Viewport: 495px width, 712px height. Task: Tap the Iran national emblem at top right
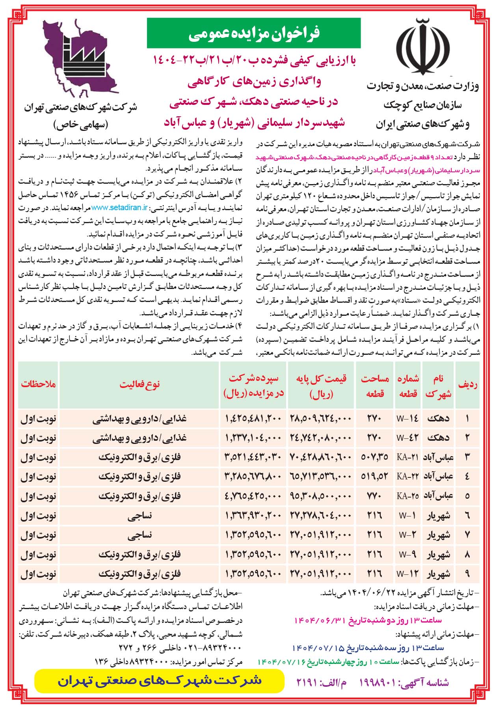(x=423, y=46)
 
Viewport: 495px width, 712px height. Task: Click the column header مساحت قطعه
(x=375, y=386)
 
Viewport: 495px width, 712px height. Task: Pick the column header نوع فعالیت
(x=140, y=385)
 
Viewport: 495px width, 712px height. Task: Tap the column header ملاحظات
(x=39, y=385)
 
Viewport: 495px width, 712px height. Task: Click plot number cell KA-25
(x=408, y=496)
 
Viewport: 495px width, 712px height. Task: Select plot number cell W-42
(x=408, y=438)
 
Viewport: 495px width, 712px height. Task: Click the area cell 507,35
(x=375, y=457)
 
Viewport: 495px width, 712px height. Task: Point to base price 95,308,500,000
(x=321, y=496)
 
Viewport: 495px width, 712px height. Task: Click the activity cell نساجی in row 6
(x=140, y=515)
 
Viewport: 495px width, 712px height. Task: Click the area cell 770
(x=375, y=496)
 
